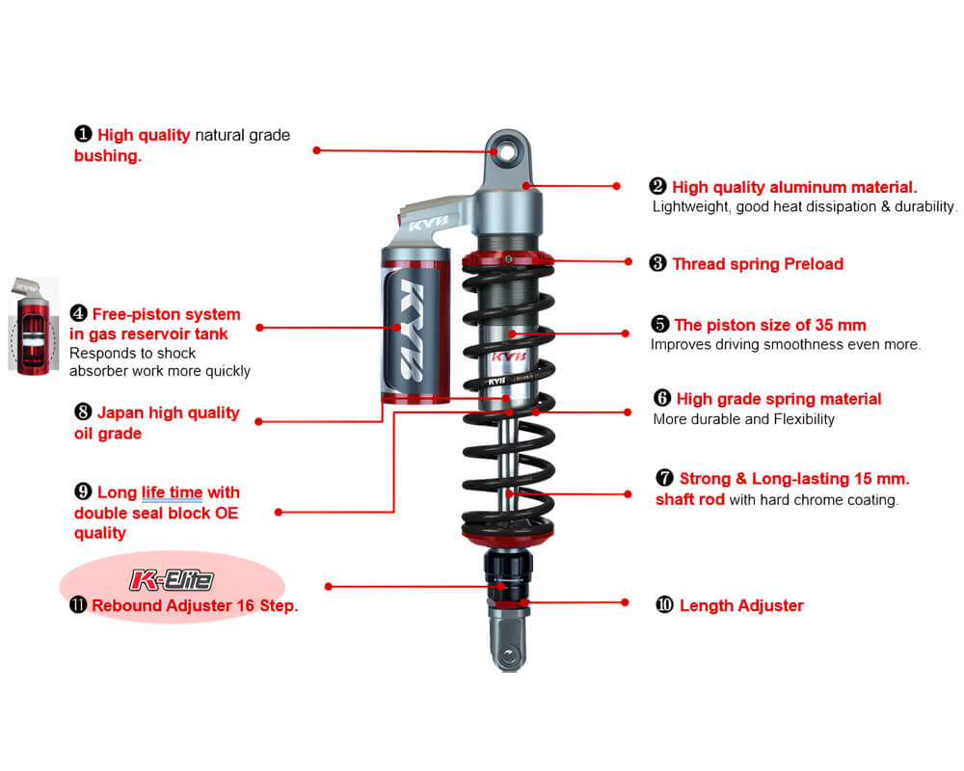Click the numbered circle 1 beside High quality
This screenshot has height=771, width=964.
click(83, 134)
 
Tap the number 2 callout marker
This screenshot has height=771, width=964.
click(657, 186)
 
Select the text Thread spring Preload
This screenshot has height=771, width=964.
click(758, 264)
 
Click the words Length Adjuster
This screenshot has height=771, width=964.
click(741, 605)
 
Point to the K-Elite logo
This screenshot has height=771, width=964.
click(173, 580)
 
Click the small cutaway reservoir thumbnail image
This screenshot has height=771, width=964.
click(33, 326)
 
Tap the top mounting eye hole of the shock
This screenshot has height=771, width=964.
click(507, 151)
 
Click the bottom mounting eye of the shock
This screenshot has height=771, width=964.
click(508, 654)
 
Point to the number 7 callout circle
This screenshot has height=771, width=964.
click(664, 478)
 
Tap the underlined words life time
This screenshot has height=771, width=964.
click(173, 492)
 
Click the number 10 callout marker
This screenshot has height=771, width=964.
click(664, 605)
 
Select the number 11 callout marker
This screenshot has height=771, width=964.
click(78, 605)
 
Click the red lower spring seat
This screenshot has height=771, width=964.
click(508, 537)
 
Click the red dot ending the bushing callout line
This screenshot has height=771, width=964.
click(316, 150)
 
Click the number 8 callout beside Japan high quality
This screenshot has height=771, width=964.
click(83, 412)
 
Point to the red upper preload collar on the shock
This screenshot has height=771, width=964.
click(508, 258)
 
